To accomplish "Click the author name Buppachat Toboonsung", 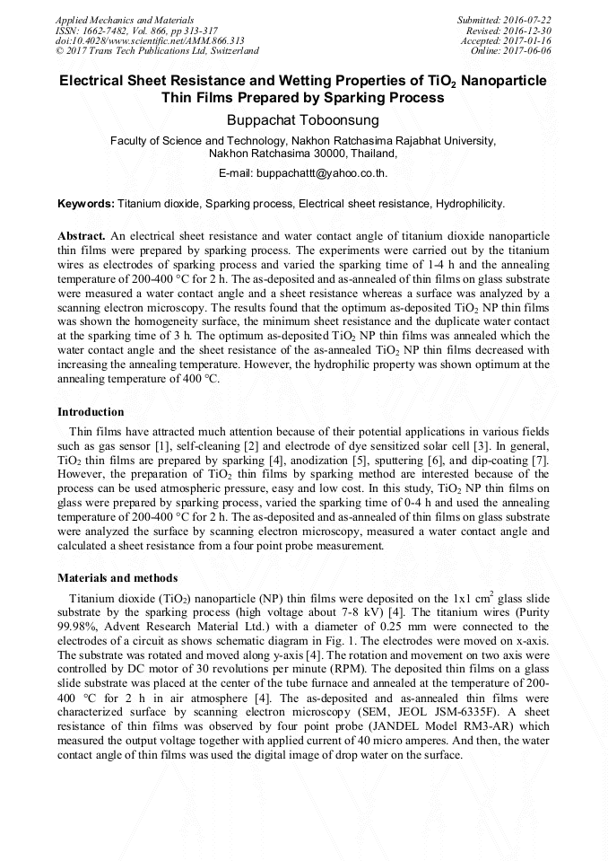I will (303, 120).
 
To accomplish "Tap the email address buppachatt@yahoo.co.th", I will (322, 172).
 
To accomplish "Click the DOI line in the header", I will (150, 40).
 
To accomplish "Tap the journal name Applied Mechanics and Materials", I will (125, 20).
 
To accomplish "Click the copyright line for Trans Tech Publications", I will (157, 51).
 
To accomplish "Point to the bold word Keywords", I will (86, 204).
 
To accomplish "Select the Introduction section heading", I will (91, 412).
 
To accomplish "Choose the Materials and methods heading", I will (117, 578).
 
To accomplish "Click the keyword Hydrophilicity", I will (470, 204).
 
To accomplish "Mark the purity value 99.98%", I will (78, 626).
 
